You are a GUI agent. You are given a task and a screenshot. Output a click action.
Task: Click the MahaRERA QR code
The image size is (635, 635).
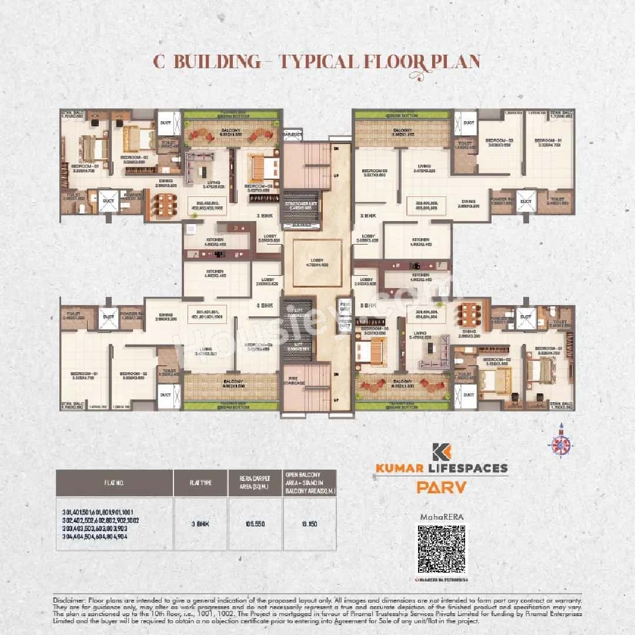[442, 549]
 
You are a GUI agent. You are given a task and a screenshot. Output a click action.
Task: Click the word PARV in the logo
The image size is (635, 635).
[442, 487]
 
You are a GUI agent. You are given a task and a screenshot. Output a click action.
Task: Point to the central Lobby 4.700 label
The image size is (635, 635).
[317, 263]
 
